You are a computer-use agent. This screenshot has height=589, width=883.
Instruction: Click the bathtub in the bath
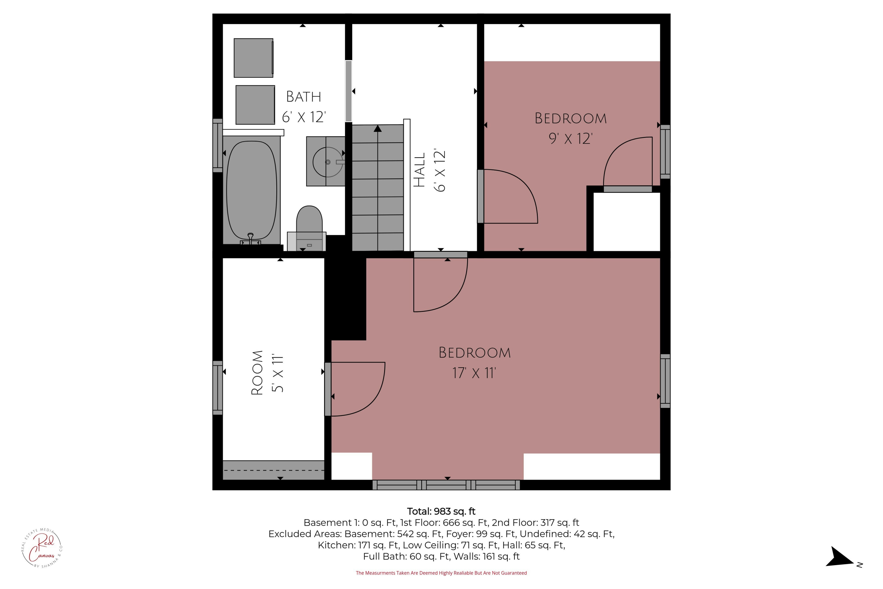(x=252, y=191)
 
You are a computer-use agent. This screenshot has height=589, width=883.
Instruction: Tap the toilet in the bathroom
(x=309, y=228)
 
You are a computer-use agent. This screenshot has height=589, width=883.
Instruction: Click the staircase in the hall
(x=378, y=188)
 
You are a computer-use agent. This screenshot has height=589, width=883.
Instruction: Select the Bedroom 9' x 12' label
(x=571, y=128)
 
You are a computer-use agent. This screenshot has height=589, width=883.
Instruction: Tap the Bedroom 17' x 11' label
(x=474, y=363)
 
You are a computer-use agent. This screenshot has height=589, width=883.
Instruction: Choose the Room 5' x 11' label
(x=267, y=373)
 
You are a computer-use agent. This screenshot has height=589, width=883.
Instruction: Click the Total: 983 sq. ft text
(x=441, y=511)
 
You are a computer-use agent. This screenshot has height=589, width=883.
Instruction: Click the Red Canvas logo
(x=42, y=548)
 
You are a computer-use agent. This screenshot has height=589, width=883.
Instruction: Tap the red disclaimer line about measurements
(x=441, y=573)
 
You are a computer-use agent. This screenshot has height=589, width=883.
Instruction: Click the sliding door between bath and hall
(x=348, y=91)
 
